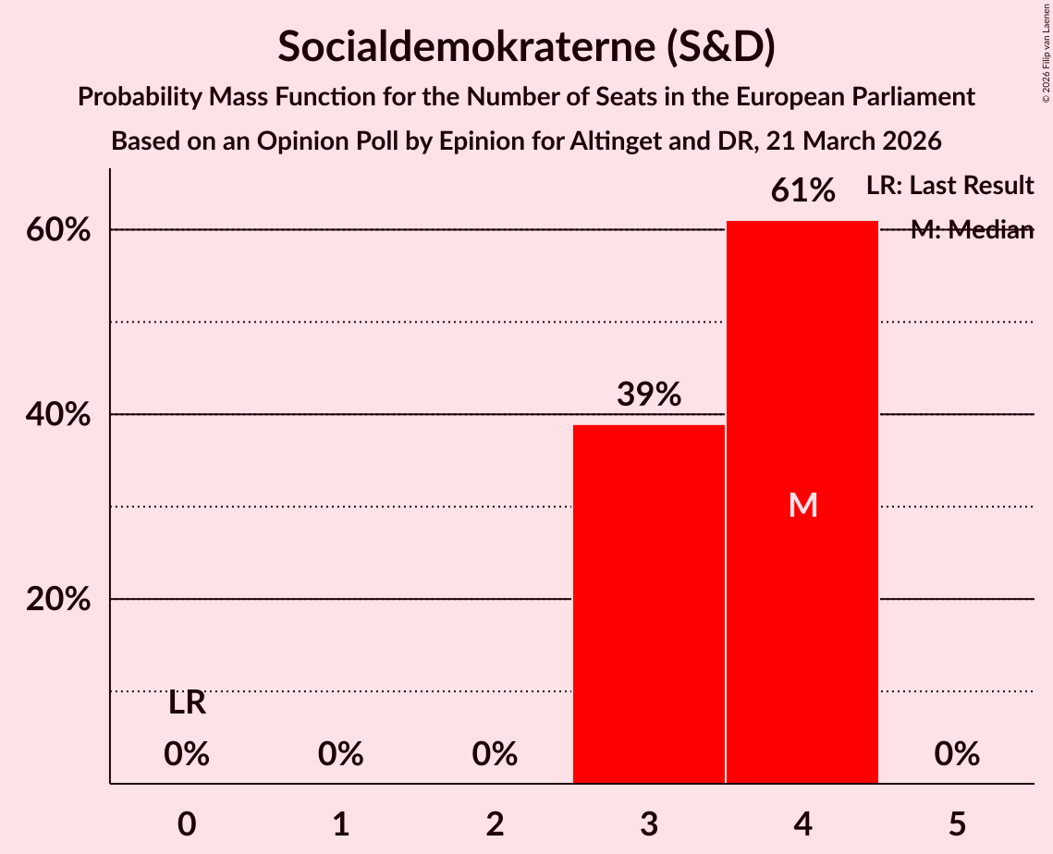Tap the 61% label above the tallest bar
(803, 191)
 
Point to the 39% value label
(649, 395)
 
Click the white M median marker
(802, 505)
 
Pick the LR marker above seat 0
(187, 703)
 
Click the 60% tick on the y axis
(58, 230)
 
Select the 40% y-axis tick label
(58, 415)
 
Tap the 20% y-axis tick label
(58, 600)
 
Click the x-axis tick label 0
(187, 823)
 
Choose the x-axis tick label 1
(341, 823)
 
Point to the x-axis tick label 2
(495, 823)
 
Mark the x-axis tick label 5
(957, 823)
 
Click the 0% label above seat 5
(957, 755)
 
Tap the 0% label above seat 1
(341, 755)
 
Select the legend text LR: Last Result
(949, 186)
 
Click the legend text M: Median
(972, 230)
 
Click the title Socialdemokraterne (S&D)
(526, 47)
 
